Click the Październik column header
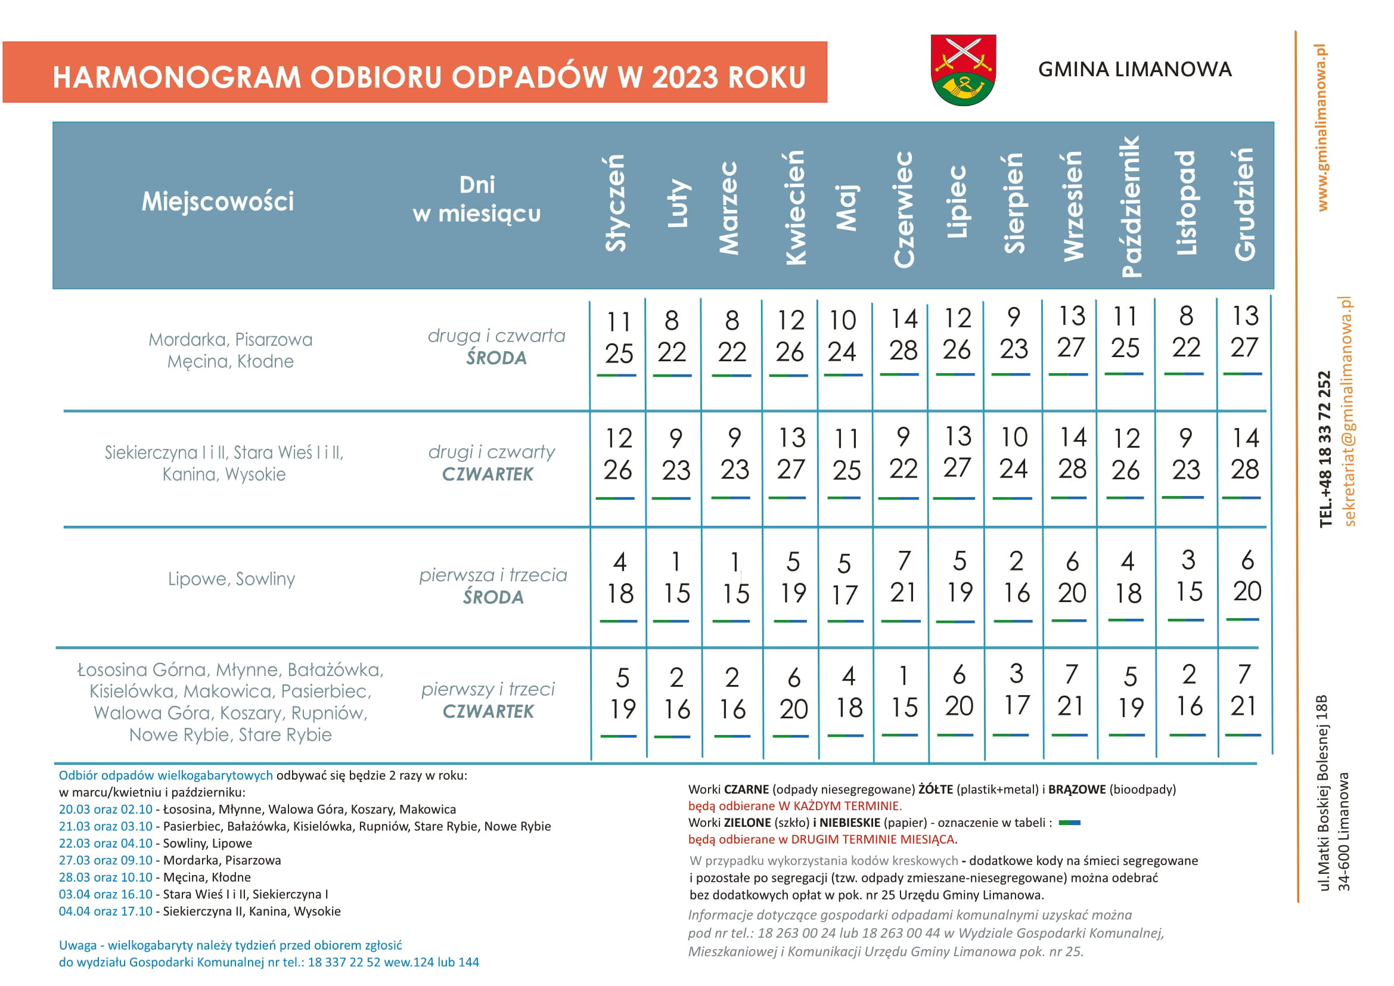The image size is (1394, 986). point(1130,206)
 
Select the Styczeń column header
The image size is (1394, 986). point(615,203)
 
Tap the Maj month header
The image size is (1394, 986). point(847,207)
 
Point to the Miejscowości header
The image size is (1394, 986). point(218,201)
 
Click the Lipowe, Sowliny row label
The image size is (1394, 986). point(231,579)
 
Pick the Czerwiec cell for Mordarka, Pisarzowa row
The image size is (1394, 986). point(903,335)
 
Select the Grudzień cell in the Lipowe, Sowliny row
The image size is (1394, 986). point(1247,576)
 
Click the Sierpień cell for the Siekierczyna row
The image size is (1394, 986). point(1013,453)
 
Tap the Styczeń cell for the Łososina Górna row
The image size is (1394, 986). point(622,693)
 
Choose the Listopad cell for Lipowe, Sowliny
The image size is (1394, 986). point(1188,576)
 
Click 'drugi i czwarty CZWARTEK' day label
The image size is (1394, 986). point(490,463)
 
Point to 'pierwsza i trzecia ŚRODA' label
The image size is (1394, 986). point(493,586)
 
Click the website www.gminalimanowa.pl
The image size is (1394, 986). point(1322,128)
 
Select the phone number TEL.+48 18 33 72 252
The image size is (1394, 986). point(1325,449)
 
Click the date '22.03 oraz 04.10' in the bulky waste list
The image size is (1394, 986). point(105,844)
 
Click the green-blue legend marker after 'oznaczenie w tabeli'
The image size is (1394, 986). point(1069,823)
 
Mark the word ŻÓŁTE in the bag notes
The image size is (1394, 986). point(935,789)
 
